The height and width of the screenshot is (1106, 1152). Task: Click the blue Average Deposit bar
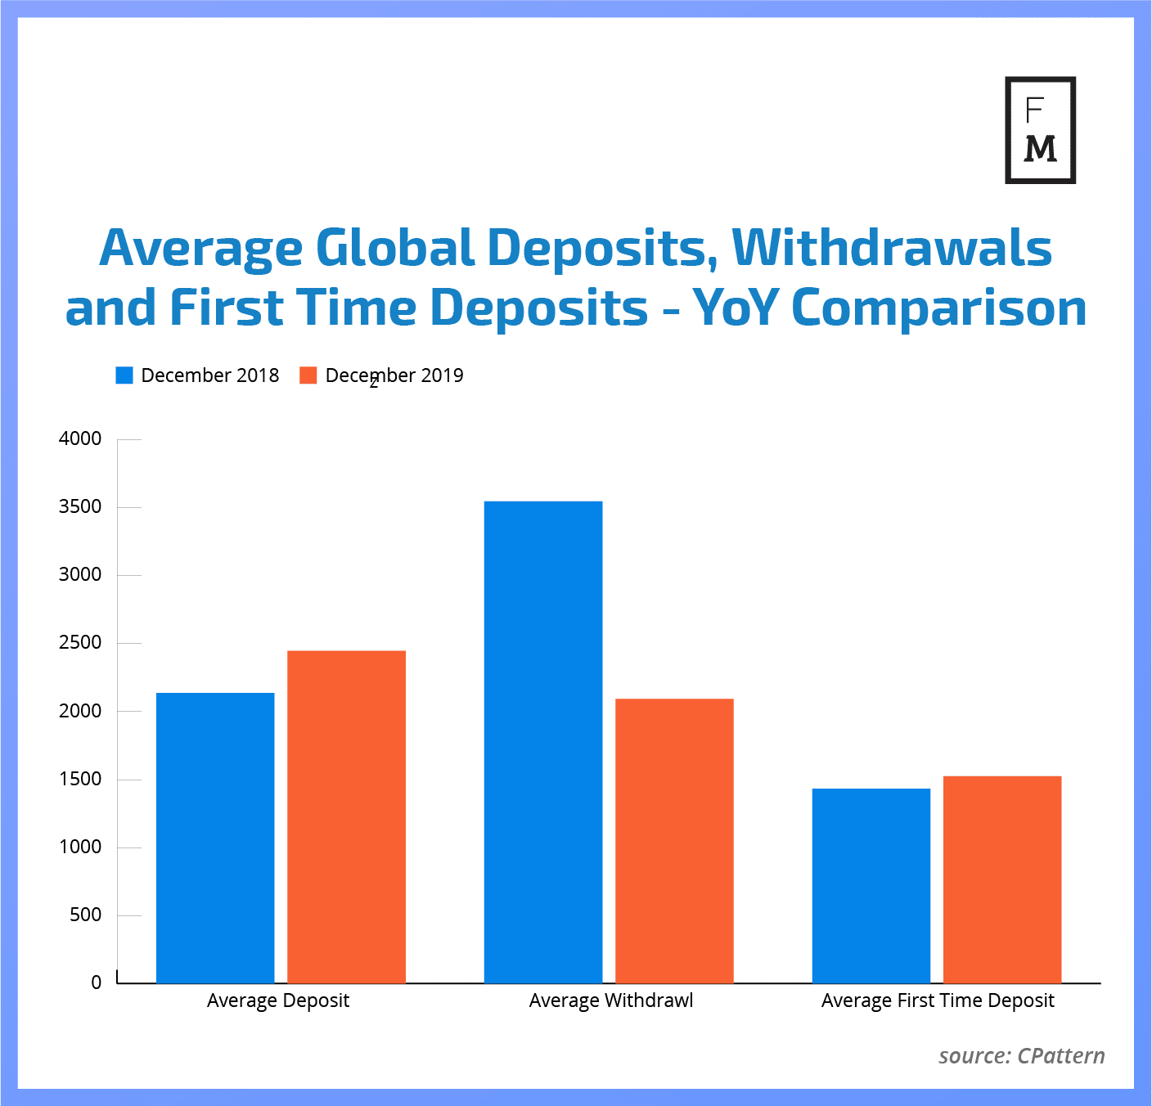pyautogui.click(x=215, y=838)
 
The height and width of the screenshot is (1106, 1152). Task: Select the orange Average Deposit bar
pyautogui.click(x=346, y=816)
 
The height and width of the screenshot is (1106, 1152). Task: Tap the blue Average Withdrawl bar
pyautogui.click(x=543, y=742)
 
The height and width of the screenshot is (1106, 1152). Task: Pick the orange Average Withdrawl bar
pyautogui.click(x=674, y=840)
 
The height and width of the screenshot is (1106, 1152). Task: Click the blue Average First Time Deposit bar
pyautogui.click(x=871, y=885)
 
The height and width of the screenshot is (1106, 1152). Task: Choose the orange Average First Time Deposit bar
pyautogui.click(x=1002, y=879)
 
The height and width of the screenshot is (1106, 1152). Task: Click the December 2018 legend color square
pyautogui.click(x=124, y=375)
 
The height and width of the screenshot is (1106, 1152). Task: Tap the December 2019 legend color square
pyautogui.click(x=308, y=375)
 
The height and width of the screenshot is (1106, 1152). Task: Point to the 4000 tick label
pyautogui.click(x=80, y=438)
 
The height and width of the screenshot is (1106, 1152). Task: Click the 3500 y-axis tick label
pyautogui.click(x=80, y=506)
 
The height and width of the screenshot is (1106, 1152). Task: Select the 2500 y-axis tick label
pyautogui.click(x=80, y=642)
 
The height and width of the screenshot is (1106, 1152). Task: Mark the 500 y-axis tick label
pyautogui.click(x=86, y=915)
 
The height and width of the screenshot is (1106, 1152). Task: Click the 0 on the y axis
pyautogui.click(x=96, y=983)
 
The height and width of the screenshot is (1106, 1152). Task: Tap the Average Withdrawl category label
pyautogui.click(x=611, y=1000)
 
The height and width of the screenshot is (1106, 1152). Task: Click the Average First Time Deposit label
pyautogui.click(x=938, y=1000)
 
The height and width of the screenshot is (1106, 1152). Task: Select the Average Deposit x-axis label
pyautogui.click(x=278, y=1000)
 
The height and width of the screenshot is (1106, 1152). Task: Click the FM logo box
pyautogui.click(x=1040, y=130)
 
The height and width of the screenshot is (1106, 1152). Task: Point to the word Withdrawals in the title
pyautogui.click(x=892, y=248)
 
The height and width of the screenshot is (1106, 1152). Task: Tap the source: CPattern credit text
pyautogui.click(x=1022, y=1056)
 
